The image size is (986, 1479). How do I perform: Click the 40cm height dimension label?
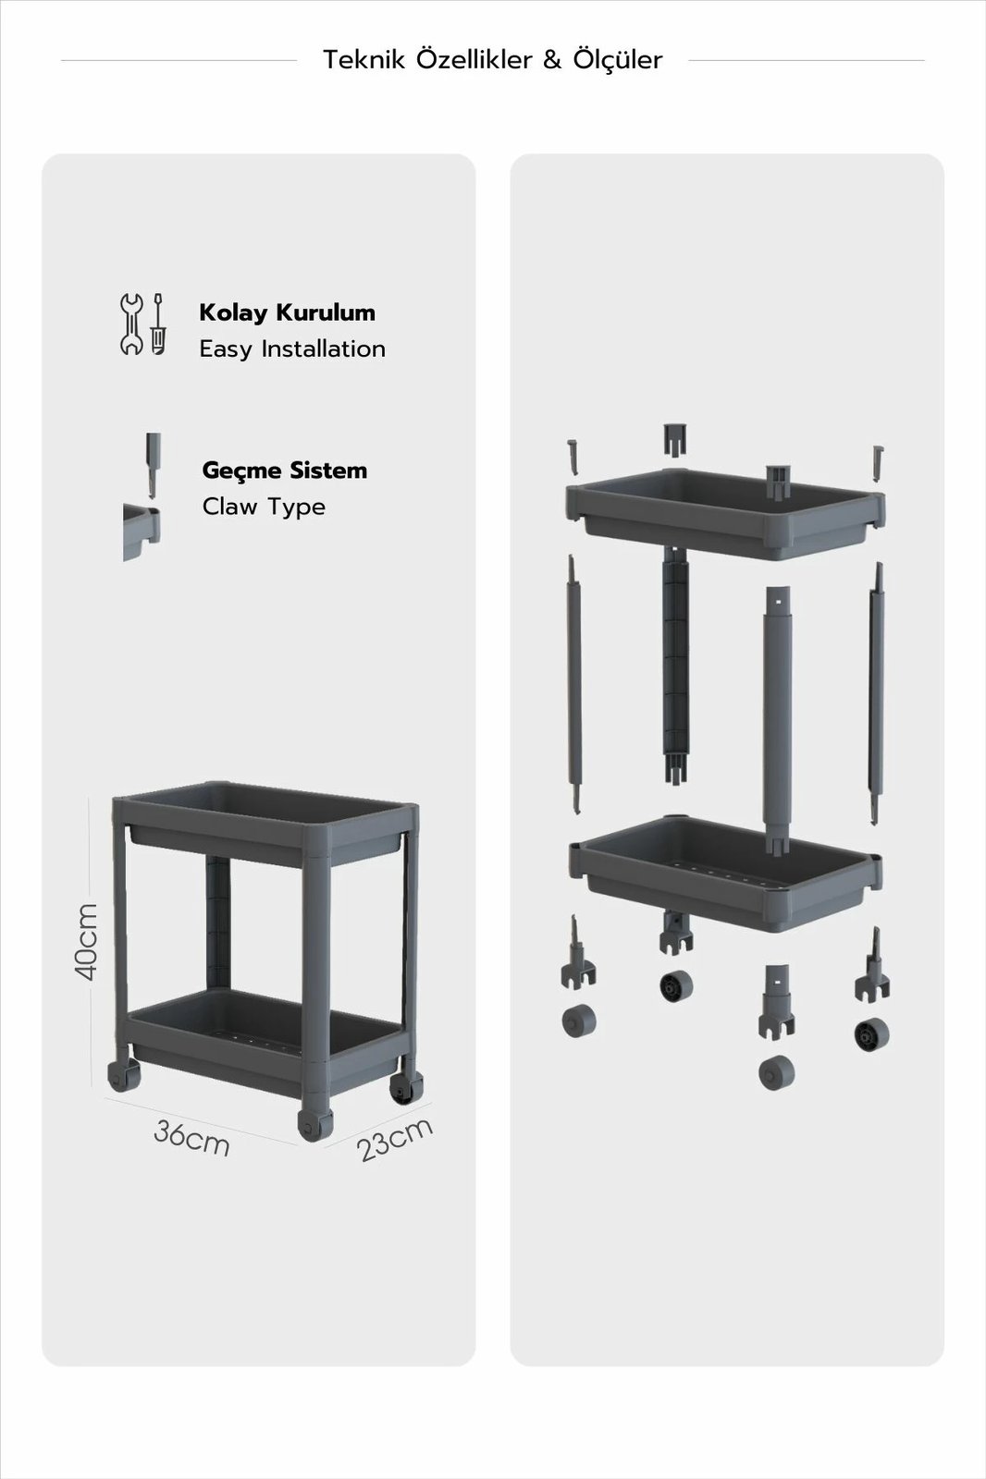click(86, 942)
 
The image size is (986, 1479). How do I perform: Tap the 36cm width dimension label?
click(191, 1137)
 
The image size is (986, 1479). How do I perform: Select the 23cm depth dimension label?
click(395, 1139)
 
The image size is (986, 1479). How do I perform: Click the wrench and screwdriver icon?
click(142, 324)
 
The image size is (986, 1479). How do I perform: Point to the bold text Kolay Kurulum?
click(288, 312)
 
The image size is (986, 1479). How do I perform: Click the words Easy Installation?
click(292, 349)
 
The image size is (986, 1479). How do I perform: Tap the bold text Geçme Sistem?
click(285, 471)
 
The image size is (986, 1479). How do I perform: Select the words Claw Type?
click(264, 507)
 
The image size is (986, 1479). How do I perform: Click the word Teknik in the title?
click(364, 60)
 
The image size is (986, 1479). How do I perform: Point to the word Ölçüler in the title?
click(617, 59)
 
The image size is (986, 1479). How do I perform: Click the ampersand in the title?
click(552, 60)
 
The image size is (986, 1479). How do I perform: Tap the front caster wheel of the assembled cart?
click(314, 1124)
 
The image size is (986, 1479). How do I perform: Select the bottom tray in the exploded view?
click(725, 873)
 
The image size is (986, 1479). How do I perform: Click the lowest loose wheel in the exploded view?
click(777, 1073)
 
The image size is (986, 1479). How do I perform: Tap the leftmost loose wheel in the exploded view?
click(579, 1021)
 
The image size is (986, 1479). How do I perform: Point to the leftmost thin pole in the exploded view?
click(573, 685)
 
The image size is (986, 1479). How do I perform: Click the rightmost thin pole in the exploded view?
click(877, 693)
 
